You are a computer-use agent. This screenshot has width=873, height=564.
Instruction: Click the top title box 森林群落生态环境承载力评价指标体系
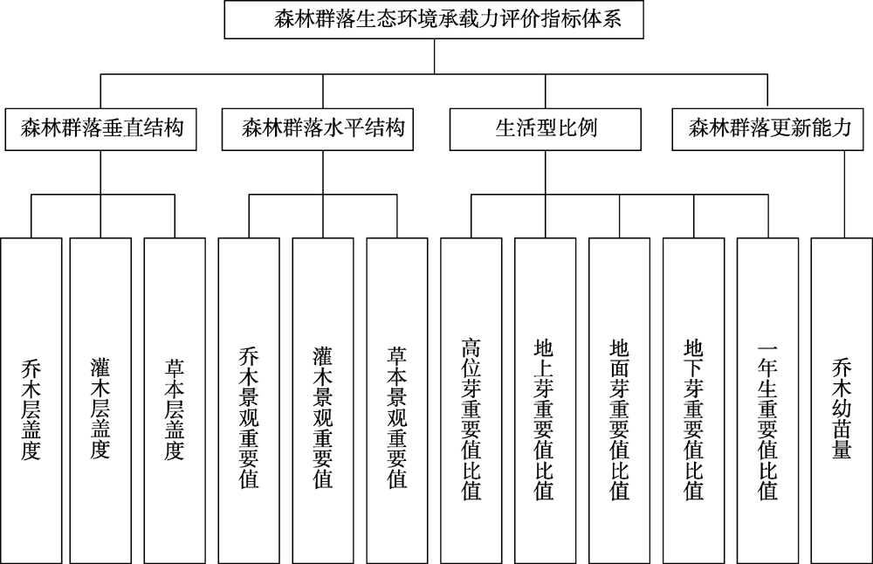(x=434, y=19)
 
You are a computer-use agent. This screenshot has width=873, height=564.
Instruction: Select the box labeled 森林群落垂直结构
(x=100, y=129)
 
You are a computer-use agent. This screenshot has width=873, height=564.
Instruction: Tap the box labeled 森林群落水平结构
(x=318, y=129)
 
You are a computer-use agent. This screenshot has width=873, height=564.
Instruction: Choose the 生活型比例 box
(x=545, y=129)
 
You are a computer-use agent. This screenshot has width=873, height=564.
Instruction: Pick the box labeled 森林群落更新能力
(x=767, y=129)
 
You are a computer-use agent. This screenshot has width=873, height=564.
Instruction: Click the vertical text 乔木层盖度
(x=31, y=409)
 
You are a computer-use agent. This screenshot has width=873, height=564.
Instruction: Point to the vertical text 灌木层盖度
(x=100, y=409)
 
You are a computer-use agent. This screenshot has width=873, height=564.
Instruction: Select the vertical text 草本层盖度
(x=175, y=409)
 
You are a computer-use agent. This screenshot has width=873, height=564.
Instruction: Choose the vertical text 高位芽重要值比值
(x=471, y=419)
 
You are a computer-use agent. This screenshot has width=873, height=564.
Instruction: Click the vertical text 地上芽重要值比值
(x=544, y=419)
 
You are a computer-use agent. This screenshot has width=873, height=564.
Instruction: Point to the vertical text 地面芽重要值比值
(x=619, y=419)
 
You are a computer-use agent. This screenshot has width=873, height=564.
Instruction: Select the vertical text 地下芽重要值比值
(x=694, y=419)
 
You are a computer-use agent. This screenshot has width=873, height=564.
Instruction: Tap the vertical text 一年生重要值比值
(x=767, y=419)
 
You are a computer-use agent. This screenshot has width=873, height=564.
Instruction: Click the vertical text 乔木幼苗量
(x=842, y=409)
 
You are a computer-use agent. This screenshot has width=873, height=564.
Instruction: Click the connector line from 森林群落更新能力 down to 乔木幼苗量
(x=844, y=195)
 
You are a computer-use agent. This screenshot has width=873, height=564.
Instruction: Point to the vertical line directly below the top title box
(x=434, y=56)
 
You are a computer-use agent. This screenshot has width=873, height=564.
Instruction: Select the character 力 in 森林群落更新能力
(x=843, y=128)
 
